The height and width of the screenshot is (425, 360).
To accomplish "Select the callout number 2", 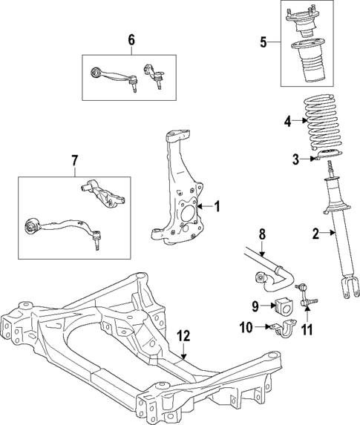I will (x=315, y=234).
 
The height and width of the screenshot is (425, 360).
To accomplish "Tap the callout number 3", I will (x=295, y=159).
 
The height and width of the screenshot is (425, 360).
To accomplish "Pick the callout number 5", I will (x=264, y=42).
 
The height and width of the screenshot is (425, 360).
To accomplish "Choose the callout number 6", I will (x=131, y=40).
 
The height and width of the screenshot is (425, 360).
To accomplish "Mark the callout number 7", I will (x=74, y=161).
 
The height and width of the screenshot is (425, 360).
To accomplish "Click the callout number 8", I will (x=261, y=235).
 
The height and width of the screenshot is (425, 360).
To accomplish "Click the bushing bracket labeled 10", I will (x=284, y=327).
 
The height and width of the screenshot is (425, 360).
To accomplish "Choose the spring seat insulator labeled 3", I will (x=324, y=156).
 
